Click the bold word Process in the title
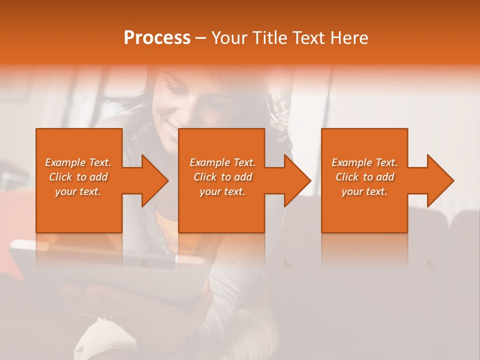pos(157,38)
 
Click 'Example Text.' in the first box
pos(78,162)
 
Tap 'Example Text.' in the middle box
pos(222,162)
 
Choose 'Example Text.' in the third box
pos(364,162)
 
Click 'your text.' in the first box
pos(78,191)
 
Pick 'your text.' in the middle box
pos(222,191)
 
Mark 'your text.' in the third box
pos(364,191)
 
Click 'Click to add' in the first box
pos(78,177)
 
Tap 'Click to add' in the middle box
pos(222,177)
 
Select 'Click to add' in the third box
pos(364,177)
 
